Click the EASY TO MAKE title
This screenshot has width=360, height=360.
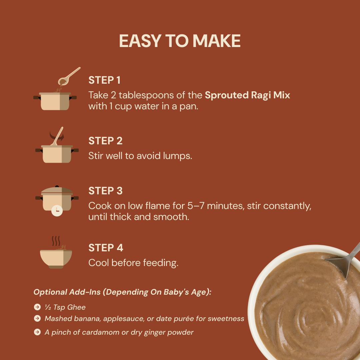coord(180,41)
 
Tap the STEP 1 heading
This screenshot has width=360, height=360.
coord(104,80)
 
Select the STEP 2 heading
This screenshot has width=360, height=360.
coord(106,141)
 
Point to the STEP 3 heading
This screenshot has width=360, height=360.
coord(106,191)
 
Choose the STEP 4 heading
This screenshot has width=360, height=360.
coord(106,248)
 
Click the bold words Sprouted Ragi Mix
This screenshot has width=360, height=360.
coord(247,95)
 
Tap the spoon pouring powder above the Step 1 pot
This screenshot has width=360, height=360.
coord(69,76)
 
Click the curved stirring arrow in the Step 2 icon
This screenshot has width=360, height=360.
coord(57,136)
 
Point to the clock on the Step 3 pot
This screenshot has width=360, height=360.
coord(57,211)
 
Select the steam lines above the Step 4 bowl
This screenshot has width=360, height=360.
coord(56,241)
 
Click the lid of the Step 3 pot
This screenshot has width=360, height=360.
coord(57,191)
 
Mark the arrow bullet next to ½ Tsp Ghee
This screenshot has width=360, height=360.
coord(37,307)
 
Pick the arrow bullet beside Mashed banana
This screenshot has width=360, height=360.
coord(37,318)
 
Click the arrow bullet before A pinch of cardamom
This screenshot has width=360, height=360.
coord(37,332)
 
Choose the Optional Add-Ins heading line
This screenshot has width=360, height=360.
coord(122,292)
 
